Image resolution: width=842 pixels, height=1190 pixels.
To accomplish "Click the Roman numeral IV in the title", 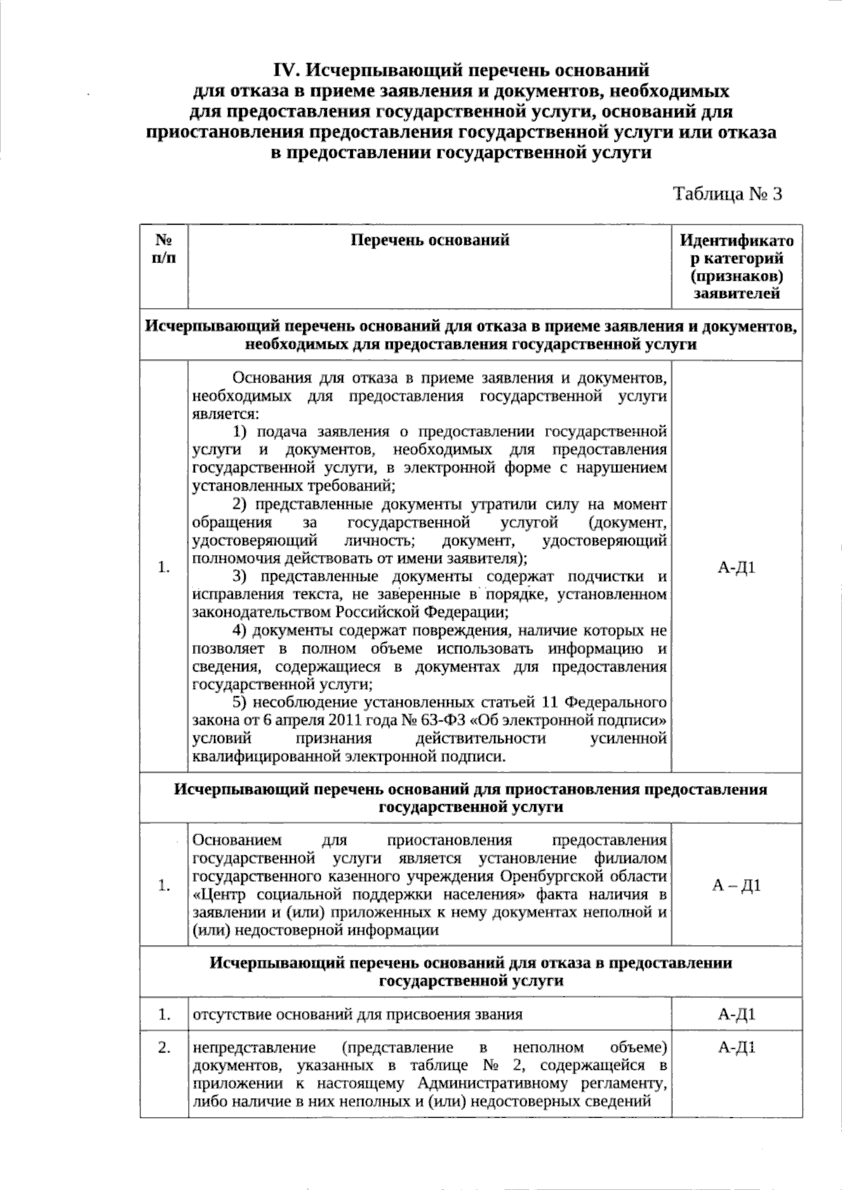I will click(x=286, y=71).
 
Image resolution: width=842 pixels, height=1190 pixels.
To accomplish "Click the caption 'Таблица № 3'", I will click(x=727, y=194).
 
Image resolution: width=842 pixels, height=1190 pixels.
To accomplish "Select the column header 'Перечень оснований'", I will click(x=429, y=241).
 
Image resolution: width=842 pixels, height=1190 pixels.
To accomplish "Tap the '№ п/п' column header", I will click(x=164, y=249).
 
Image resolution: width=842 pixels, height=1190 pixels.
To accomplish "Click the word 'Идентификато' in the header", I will click(x=737, y=241).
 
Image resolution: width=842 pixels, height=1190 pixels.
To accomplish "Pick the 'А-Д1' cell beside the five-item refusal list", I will click(x=737, y=567).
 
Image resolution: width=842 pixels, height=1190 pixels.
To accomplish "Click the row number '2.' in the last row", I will click(x=164, y=1048).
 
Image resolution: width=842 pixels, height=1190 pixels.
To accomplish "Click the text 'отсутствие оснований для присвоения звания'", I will click(x=357, y=1014).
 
